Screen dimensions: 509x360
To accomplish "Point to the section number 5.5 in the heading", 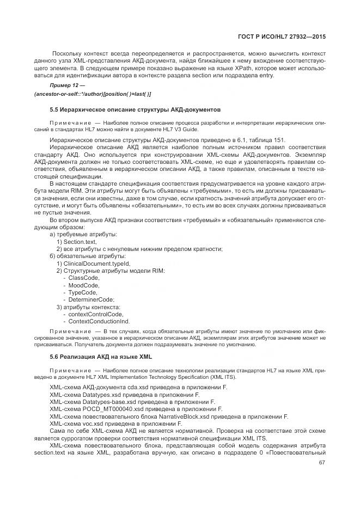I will (55, 109).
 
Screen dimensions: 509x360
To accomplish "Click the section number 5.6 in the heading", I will (55, 357).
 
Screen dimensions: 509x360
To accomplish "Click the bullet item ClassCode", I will (83, 278).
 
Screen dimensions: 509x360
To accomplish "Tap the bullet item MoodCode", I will (83, 285).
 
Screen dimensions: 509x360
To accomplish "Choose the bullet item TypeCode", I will (83, 292).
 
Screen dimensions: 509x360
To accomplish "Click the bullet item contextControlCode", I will (95, 315).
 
